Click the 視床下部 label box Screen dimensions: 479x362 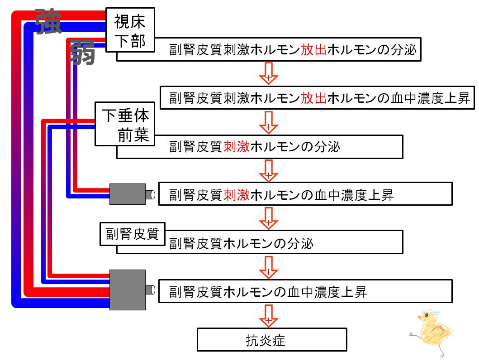[x=130, y=30]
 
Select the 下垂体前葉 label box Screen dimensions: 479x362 [x=125, y=124]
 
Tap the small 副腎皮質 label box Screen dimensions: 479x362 [x=133, y=234]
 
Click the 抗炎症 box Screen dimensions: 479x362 [x=272, y=340]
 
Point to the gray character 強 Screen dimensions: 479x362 [x=48, y=21]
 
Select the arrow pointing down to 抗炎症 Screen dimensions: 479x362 [x=268, y=316]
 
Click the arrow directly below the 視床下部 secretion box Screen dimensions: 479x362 [x=268, y=73]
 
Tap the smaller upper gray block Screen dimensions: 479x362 [x=128, y=194]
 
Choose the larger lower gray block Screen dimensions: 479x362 [x=128, y=290]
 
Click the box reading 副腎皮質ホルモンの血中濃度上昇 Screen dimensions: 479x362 [x=305, y=291]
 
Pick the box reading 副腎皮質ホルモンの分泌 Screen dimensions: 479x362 [x=260, y=242]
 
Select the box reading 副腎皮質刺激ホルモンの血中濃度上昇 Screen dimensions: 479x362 [x=305, y=194]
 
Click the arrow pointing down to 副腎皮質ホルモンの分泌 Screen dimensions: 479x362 [x=268, y=218]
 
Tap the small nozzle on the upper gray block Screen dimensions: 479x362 [x=150, y=195]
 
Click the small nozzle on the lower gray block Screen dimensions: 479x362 [x=150, y=290]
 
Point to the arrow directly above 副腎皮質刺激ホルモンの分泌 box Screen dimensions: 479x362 [x=268, y=122]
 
